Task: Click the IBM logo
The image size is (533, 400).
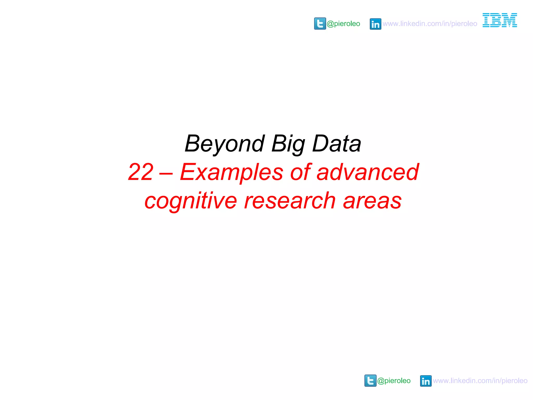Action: click(500, 20)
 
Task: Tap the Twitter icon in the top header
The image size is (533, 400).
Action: click(320, 24)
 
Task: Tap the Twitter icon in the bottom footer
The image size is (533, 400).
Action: click(370, 381)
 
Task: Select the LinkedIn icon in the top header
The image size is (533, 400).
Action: click(375, 24)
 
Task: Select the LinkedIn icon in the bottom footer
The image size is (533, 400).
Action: click(426, 381)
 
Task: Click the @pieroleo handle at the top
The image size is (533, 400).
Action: click(343, 24)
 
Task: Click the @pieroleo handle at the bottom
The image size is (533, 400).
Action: click(394, 381)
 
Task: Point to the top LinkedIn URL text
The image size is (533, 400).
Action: click(430, 24)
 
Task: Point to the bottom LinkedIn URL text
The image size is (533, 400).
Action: click(480, 381)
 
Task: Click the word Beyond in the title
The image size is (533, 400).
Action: click(225, 144)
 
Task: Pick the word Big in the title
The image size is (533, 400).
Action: click(288, 144)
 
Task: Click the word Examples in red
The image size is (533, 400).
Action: click(231, 172)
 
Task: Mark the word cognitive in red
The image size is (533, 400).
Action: click(191, 201)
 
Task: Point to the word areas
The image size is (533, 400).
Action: click(372, 201)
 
